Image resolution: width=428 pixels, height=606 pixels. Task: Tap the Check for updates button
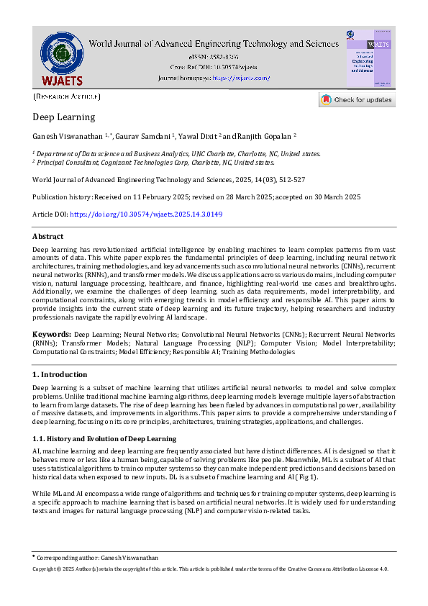point(357,100)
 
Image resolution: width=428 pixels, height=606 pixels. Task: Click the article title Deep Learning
point(63,117)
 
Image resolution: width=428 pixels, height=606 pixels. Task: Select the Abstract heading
point(47,236)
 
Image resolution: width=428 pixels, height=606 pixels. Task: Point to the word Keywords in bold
point(51,335)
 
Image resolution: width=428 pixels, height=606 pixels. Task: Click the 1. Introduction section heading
point(60,374)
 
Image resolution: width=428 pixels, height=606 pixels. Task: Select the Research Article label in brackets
point(67,96)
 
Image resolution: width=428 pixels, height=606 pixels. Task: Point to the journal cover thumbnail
point(369,58)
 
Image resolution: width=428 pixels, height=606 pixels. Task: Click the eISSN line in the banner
point(213,55)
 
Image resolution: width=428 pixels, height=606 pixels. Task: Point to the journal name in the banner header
point(213,43)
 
